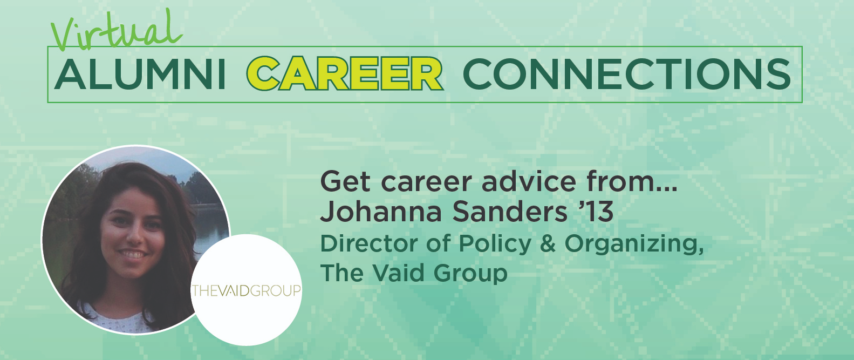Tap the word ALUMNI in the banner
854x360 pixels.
click(x=140, y=74)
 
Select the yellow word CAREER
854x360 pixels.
click(x=345, y=73)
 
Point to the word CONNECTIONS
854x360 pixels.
click(x=627, y=74)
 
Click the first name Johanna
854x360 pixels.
click(x=381, y=211)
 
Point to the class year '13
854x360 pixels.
click(x=596, y=211)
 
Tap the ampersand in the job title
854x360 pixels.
click(x=548, y=243)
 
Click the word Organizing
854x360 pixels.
click(x=634, y=244)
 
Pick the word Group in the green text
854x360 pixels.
click(x=470, y=274)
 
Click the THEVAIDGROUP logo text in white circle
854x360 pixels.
click(x=247, y=290)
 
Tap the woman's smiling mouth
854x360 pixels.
click(x=132, y=254)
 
